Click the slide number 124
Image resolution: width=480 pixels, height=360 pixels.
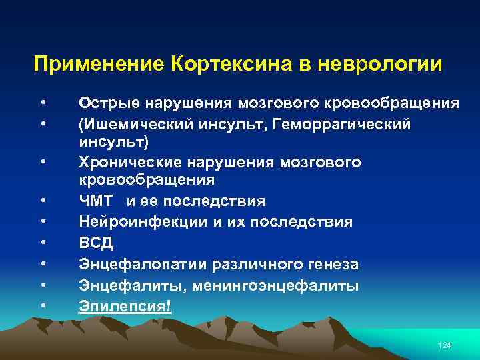(444, 345)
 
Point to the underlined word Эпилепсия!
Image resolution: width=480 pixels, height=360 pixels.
(125, 306)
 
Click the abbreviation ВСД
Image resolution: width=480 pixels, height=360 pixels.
(95, 243)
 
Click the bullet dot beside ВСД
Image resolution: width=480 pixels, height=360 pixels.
(43, 243)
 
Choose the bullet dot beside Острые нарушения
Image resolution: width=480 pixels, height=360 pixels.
(43, 103)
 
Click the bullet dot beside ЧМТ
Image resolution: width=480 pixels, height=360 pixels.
(43, 201)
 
